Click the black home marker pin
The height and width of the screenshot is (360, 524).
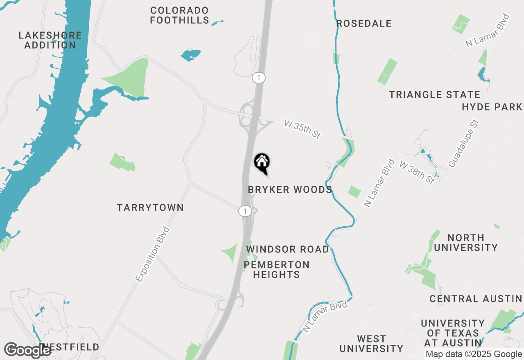(x=262, y=164)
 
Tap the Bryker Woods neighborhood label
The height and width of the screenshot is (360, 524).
(x=290, y=190)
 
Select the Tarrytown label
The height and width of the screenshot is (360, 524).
(x=150, y=208)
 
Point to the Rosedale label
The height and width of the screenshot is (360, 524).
(x=364, y=24)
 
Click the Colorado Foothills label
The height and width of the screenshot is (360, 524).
(x=179, y=15)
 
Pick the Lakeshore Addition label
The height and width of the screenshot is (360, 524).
(x=50, y=40)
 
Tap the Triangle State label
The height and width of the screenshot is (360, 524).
(x=434, y=95)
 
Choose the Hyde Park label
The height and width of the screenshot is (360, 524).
(x=492, y=107)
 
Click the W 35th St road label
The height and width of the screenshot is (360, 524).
(x=302, y=129)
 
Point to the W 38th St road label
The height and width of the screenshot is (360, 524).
(x=417, y=172)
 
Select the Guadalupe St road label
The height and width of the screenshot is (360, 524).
(x=463, y=144)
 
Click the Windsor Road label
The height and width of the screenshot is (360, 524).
(x=287, y=249)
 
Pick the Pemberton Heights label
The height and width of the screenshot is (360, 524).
(x=277, y=270)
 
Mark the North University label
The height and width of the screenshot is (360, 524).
(x=466, y=243)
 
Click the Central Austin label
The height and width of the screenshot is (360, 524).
(x=476, y=299)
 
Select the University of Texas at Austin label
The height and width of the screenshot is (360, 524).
(x=452, y=333)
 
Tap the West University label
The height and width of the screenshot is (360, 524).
(x=371, y=344)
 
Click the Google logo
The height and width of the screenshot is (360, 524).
(x=27, y=350)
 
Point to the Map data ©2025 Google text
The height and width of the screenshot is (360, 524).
(x=473, y=354)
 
